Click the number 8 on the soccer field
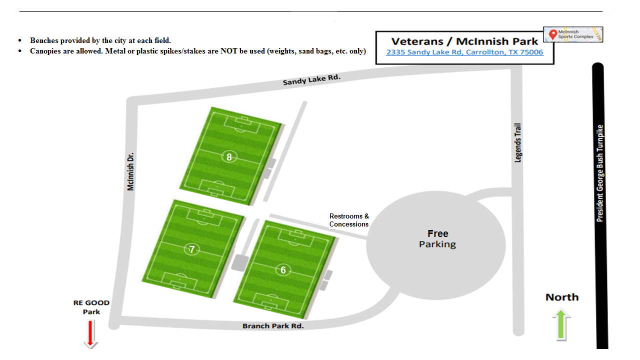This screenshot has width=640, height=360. (x=229, y=157)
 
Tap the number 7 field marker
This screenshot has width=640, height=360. (x=191, y=249)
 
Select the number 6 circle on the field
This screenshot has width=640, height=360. (x=283, y=270)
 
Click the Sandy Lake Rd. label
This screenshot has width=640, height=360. (x=311, y=79)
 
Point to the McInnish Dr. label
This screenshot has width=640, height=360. (x=131, y=171)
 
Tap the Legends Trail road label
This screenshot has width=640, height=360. (x=518, y=142)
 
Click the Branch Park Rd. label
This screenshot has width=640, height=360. (x=273, y=326)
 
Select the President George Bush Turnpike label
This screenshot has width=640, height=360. (x=600, y=173)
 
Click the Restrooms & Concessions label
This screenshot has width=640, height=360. (x=349, y=220)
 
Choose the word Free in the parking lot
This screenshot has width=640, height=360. (x=438, y=233)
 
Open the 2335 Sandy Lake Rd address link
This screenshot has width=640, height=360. (x=464, y=52)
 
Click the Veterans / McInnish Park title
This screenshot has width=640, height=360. (x=464, y=41)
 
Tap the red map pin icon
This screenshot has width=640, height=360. (x=552, y=34)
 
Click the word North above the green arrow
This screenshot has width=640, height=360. (x=562, y=297)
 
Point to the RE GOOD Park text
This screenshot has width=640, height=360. (x=91, y=307)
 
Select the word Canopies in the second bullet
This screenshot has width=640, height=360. (x=45, y=51)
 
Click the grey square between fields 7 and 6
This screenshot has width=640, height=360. (x=240, y=262)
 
